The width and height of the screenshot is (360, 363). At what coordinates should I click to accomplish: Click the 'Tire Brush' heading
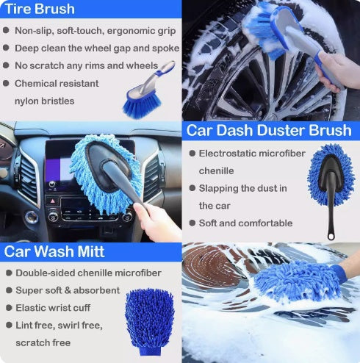40,10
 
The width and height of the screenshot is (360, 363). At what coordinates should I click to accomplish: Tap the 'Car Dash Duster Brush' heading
268,131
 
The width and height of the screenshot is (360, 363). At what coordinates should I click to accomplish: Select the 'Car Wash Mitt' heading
55,252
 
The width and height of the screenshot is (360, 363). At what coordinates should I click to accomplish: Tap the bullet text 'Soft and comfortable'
245,223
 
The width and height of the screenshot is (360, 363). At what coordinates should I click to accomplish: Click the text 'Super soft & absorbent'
68,290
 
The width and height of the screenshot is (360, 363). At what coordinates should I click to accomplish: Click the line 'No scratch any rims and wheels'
86,65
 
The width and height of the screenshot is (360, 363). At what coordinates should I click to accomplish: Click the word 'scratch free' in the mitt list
43,342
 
